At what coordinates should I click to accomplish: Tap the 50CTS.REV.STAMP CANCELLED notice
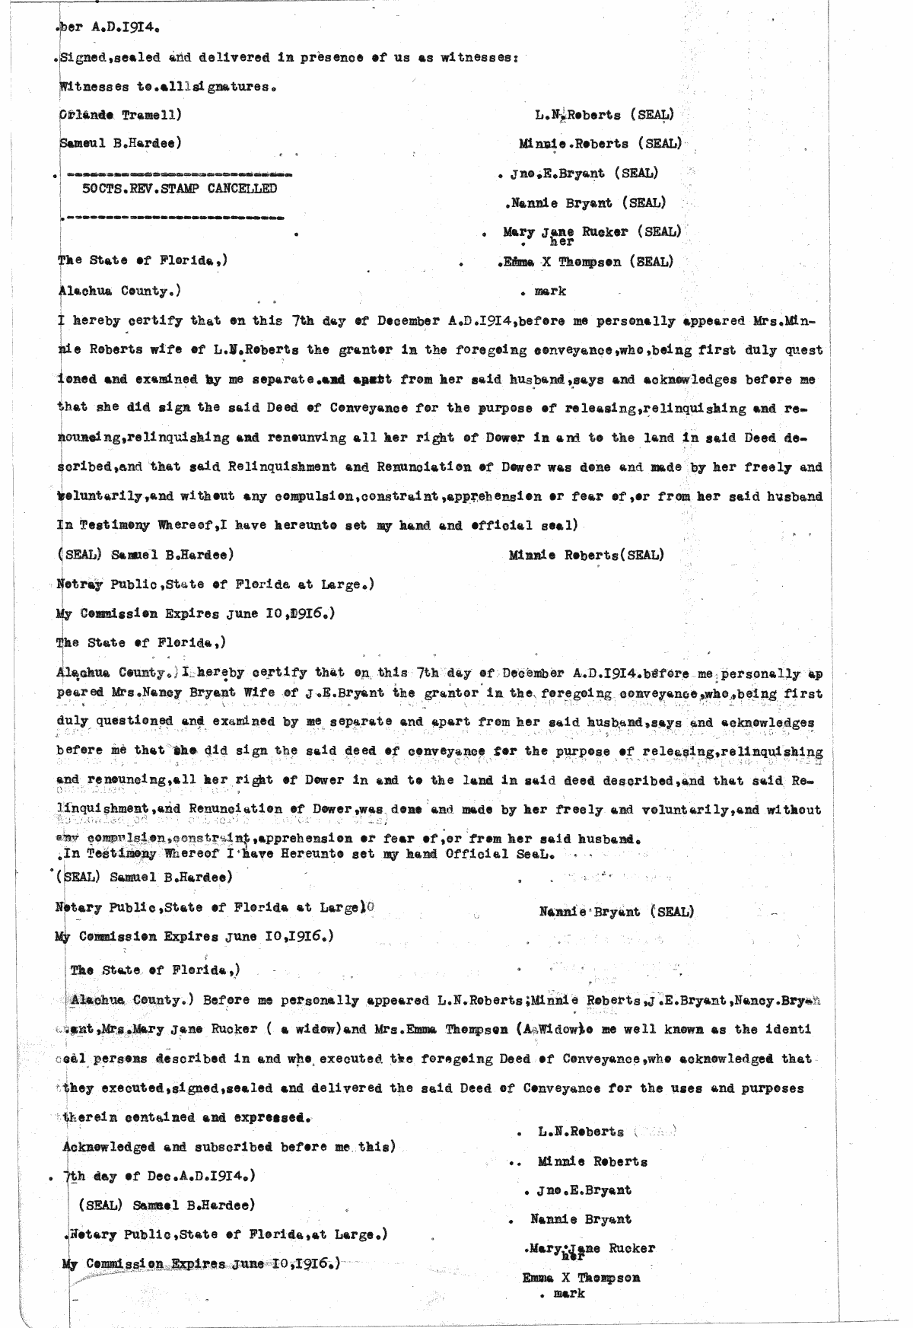pos(180,189)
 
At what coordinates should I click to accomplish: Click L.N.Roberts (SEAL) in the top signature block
pos(604,116)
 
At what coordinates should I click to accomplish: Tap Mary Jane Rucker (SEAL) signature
pos(591,231)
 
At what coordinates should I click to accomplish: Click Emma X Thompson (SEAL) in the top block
pos(587,262)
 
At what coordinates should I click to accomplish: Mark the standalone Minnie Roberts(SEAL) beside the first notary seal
pos(586,555)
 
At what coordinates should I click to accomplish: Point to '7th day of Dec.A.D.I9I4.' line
pos(159,1176)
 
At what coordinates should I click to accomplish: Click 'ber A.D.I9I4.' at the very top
pos(108,28)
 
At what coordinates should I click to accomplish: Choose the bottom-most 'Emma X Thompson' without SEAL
pos(581,1278)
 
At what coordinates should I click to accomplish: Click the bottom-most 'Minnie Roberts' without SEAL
pos(592,1162)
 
